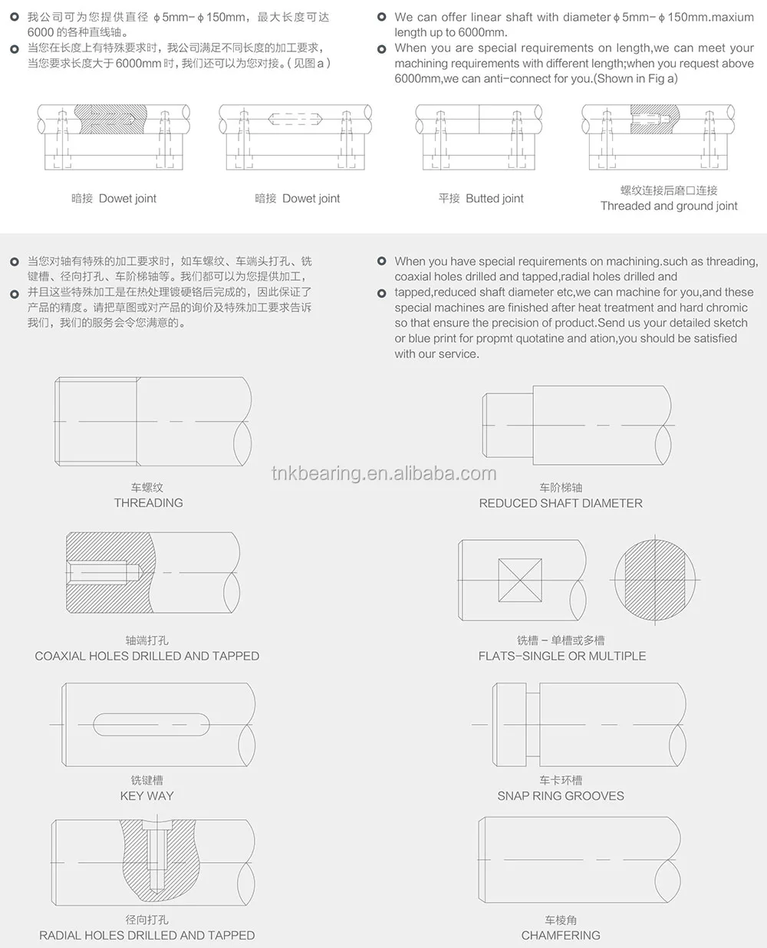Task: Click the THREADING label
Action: [148, 503]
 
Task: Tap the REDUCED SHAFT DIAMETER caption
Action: [561, 503]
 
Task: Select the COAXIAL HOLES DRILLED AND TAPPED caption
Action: [147, 657]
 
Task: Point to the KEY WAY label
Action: [147, 796]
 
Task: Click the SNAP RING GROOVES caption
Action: [561, 796]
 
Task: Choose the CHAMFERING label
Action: [561, 936]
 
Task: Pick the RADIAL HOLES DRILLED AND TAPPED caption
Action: [147, 936]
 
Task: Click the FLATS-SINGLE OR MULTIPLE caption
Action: [562, 657]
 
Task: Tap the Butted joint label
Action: [481, 199]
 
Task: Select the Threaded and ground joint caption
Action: [669, 206]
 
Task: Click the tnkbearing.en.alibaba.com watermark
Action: [383, 473]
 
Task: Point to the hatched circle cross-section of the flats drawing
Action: [656, 579]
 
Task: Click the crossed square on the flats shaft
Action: [520, 580]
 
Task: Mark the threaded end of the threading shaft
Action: [96, 421]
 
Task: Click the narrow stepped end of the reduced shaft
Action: [508, 425]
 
